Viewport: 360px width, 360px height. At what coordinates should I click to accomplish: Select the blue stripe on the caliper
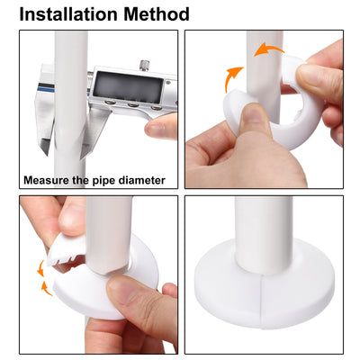[x=42, y=91]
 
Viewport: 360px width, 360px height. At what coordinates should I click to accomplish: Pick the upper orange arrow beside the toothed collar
[x=40, y=268]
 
